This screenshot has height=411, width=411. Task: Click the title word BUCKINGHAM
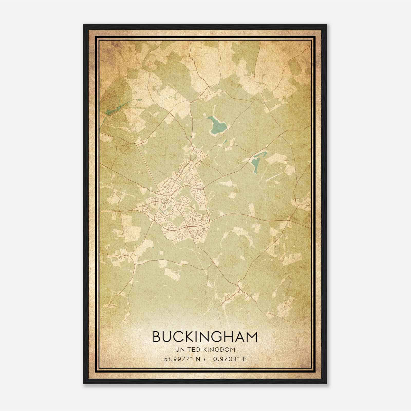click(205, 337)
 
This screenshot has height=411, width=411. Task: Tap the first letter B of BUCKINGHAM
click(157, 337)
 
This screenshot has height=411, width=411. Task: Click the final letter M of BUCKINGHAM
click(251, 337)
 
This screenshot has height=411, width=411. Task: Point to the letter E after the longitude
click(245, 359)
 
